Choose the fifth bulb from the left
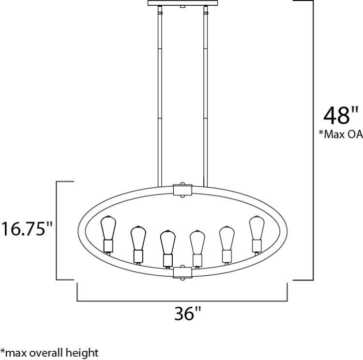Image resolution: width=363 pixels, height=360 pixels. pos(226,237)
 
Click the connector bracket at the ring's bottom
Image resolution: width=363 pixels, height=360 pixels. pos(182,273)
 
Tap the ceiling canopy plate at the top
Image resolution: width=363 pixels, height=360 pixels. pos(182,3)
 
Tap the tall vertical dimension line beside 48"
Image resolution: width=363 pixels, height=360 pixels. pos(313,140)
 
